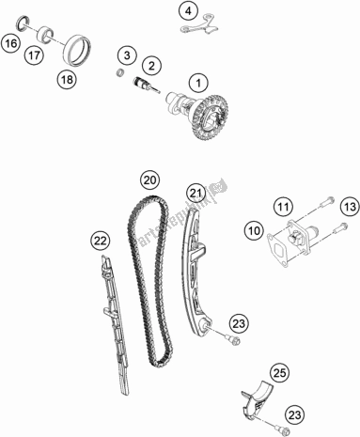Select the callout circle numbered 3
[128, 58]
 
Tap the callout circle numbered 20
[149, 179]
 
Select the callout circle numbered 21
[195, 195]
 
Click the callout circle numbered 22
[101, 242]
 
